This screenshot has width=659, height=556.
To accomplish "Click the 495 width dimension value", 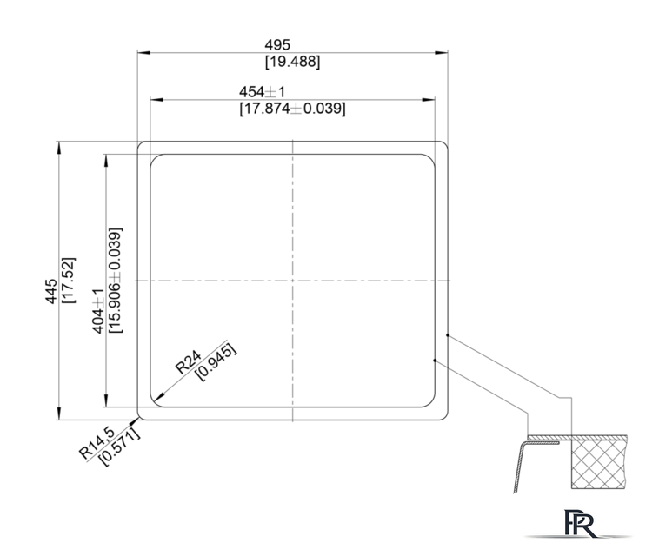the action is (x=277, y=44).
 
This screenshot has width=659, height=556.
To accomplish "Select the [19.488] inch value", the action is (x=292, y=62).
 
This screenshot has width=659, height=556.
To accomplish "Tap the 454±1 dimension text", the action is (x=263, y=91).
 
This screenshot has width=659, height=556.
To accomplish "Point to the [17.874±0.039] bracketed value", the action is (x=292, y=109).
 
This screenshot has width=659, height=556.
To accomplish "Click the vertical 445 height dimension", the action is (x=51, y=291).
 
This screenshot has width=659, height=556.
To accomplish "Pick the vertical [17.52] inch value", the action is (x=69, y=281).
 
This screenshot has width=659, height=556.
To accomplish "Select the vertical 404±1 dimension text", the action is (x=98, y=311).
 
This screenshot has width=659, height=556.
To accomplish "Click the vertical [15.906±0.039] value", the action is (x=115, y=281).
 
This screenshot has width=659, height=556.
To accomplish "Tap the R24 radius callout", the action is (x=188, y=362).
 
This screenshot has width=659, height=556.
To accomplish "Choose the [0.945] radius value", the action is (x=216, y=363).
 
